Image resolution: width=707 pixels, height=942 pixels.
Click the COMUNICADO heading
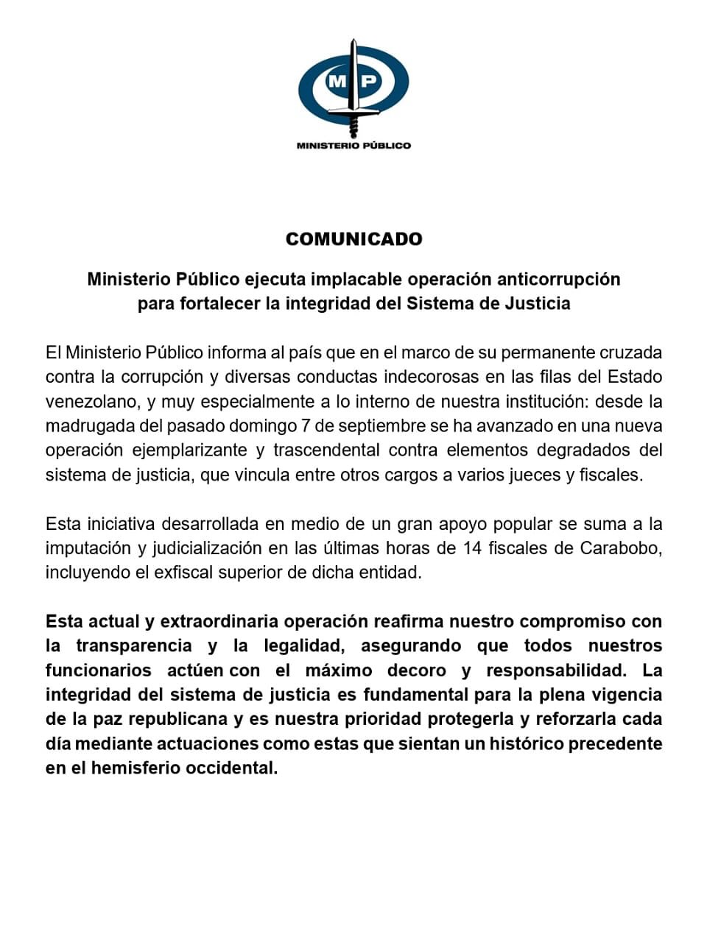click(x=353, y=239)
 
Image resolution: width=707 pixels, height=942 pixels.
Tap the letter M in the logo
click(x=337, y=81)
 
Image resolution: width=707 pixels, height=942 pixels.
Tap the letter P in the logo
click(x=369, y=81)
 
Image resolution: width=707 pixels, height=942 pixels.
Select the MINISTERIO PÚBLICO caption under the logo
click(x=353, y=146)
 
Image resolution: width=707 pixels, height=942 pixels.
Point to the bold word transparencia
click(x=134, y=646)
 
